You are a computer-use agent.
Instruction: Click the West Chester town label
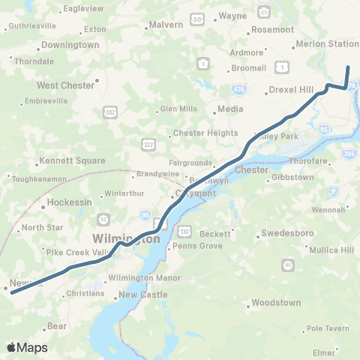point(66,85)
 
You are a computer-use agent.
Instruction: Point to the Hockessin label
point(68,202)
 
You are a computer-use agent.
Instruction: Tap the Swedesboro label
point(287,233)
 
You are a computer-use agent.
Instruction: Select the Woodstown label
point(277,303)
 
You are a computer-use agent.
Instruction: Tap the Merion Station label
point(328,44)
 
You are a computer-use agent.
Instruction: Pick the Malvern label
point(166,25)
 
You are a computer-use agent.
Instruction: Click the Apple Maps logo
point(27,347)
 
